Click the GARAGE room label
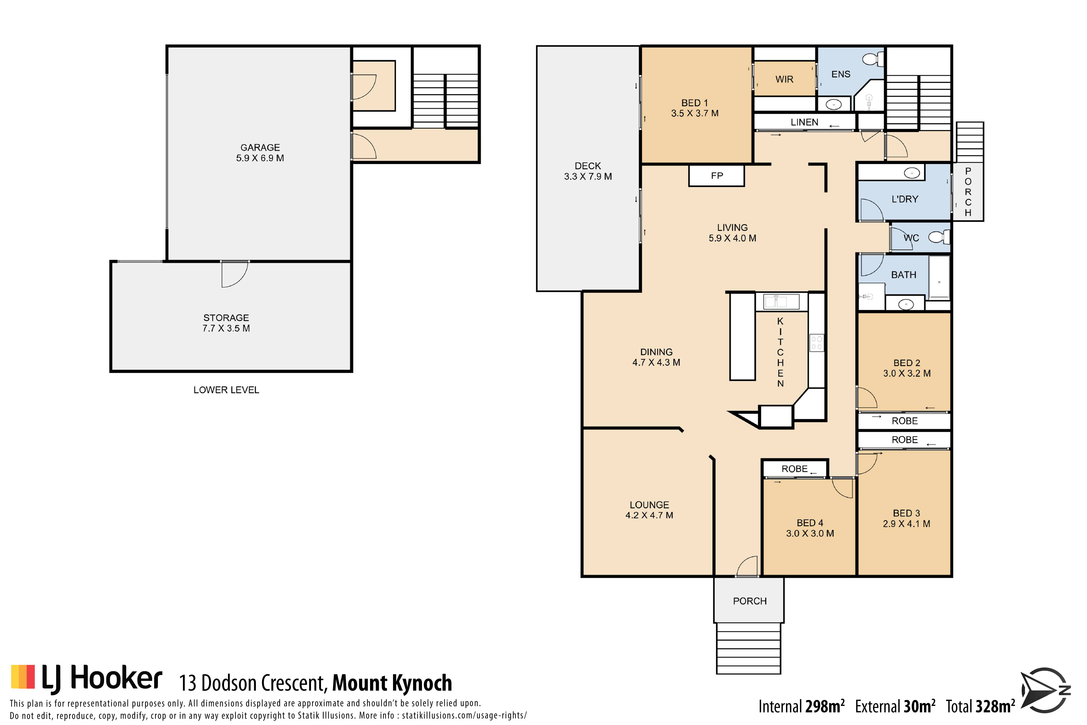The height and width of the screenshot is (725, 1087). (x=260, y=147)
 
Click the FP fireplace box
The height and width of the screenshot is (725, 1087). (x=716, y=176)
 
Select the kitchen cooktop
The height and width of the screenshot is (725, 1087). (x=817, y=343)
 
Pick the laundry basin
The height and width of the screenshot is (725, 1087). (x=912, y=173)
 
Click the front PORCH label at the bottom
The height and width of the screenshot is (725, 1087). (x=750, y=601)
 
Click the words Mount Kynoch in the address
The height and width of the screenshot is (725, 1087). (x=392, y=683)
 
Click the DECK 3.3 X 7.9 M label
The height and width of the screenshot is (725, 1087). (x=588, y=171)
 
